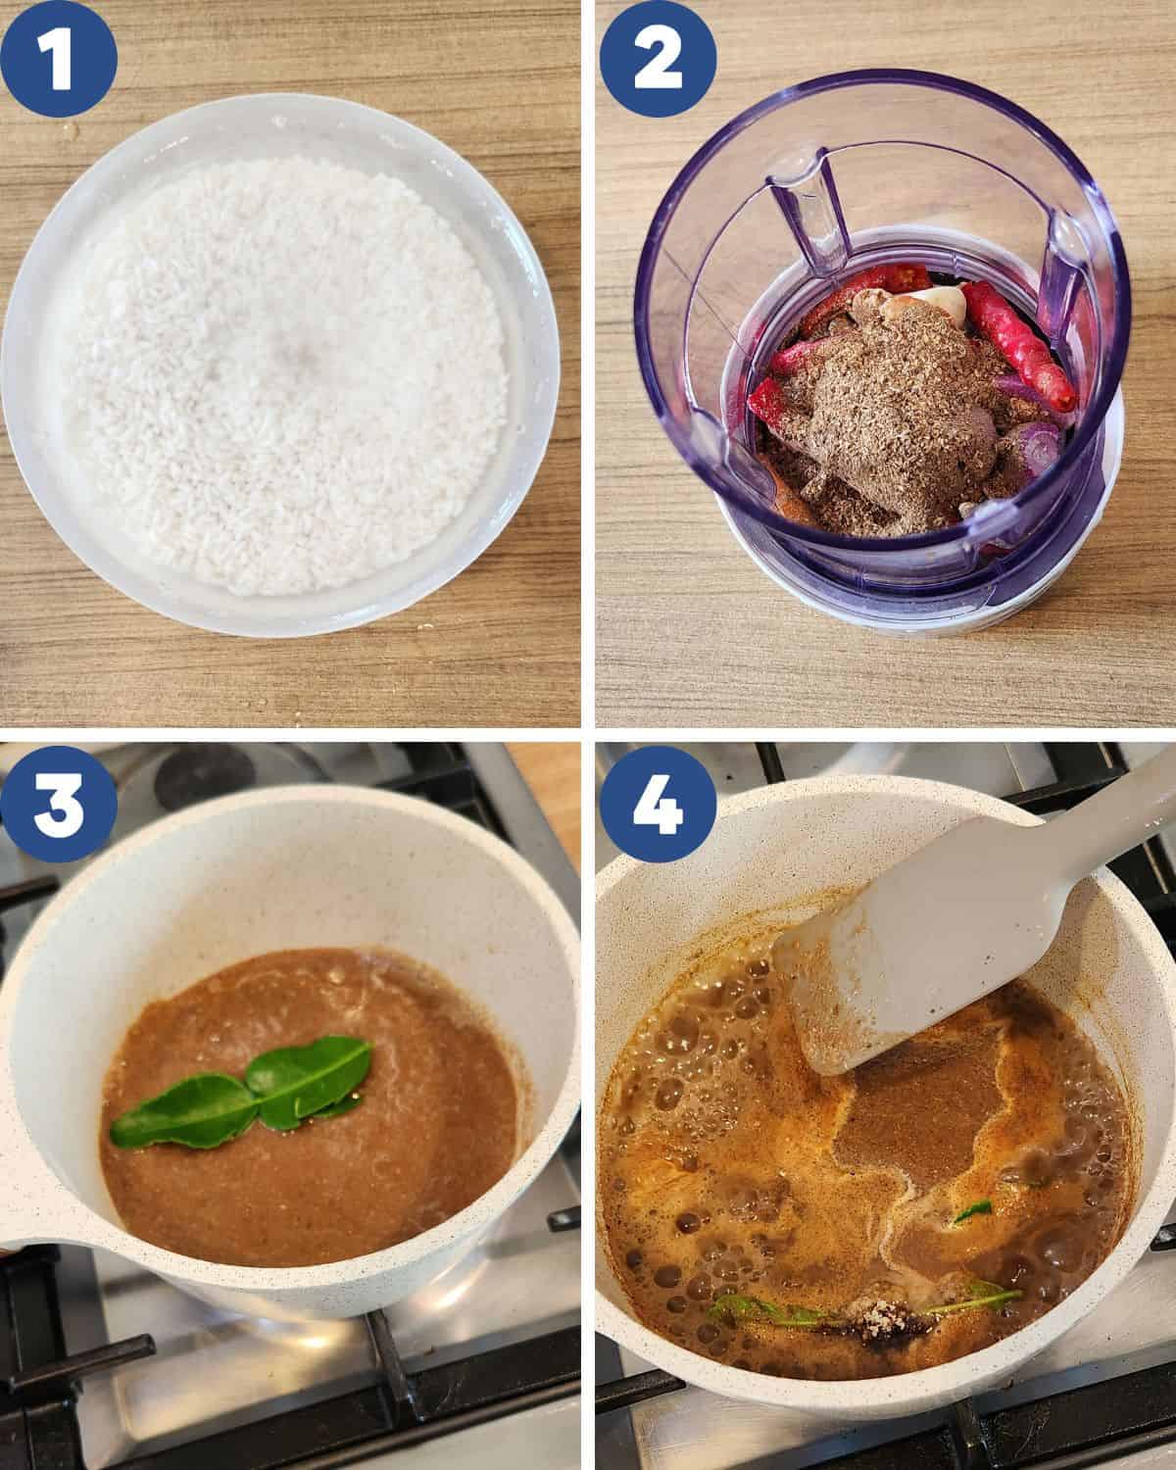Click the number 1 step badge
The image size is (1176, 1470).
click(60, 58)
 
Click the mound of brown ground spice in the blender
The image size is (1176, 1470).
click(882, 412)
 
